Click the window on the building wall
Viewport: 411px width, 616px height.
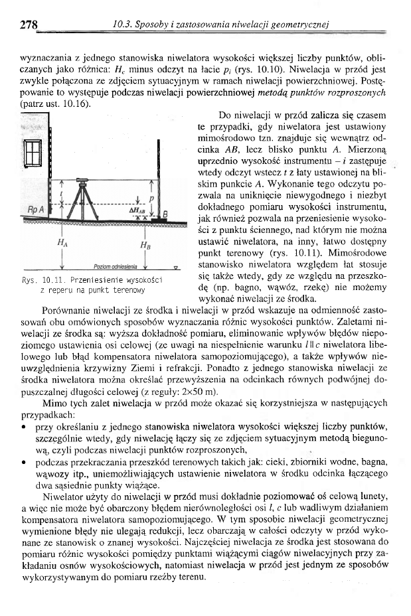pyautogui.click(x=33, y=153)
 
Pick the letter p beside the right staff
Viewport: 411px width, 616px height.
pyautogui.click(x=151, y=198)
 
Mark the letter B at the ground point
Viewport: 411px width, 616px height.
pyautogui.click(x=165, y=214)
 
